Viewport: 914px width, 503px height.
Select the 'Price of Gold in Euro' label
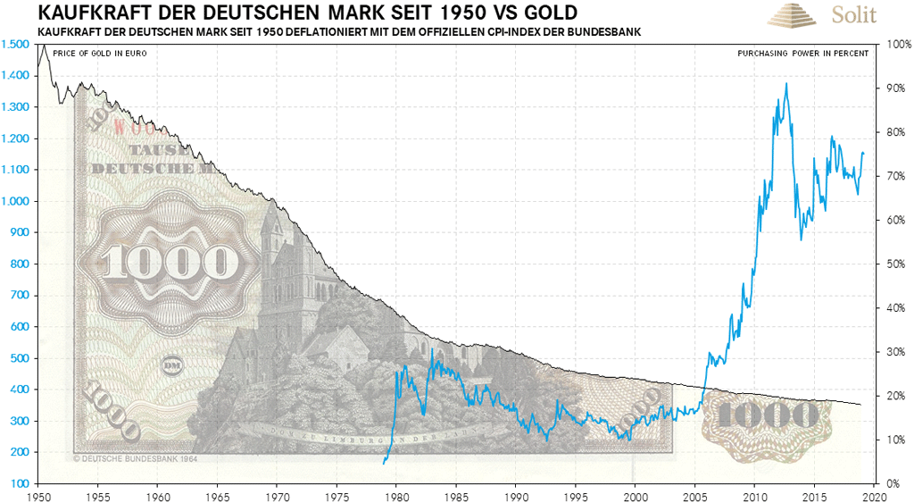[x=99, y=54]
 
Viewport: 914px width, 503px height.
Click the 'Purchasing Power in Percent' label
[x=802, y=54]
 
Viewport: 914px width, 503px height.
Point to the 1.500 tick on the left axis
[x=13, y=44]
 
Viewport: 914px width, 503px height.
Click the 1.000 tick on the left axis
[x=13, y=201]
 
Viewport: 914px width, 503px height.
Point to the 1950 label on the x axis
[x=38, y=494]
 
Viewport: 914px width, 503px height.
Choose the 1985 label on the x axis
[x=456, y=494]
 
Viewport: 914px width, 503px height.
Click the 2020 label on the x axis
[x=874, y=494]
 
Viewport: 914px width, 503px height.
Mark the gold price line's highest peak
[x=785, y=83]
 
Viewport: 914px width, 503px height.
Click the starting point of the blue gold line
[x=383, y=463]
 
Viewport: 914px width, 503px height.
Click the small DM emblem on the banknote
[x=171, y=365]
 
